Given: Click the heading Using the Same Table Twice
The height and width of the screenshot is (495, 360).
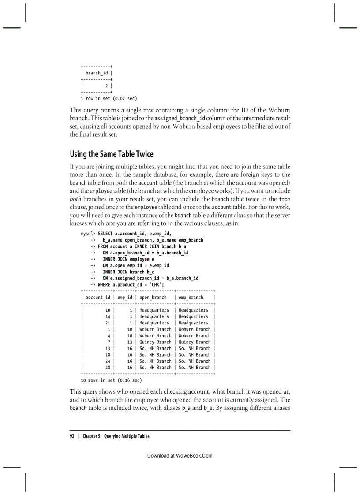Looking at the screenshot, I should pos(112,154).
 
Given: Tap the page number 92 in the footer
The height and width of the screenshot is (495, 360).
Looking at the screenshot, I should pos(72,436).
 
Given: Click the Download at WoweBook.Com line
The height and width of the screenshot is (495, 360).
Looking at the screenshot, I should pos(180,455).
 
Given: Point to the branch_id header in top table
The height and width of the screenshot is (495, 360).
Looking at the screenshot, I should pos(97,73).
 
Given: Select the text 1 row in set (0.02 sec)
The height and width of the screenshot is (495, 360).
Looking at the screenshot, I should pos(106,98).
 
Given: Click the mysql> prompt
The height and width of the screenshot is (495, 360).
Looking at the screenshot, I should pos(88,234).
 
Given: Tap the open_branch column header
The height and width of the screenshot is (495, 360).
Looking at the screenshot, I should pos(153,298).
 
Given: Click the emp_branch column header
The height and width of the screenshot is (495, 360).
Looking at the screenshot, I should pos(191,298).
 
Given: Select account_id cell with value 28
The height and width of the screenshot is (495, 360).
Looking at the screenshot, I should pos(108,367).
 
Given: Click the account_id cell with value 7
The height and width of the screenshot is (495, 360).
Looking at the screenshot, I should pos(109,342).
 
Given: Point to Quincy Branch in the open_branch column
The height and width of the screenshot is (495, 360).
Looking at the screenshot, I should pos(155,342).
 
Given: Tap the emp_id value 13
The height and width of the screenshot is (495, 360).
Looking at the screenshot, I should pos(130,342).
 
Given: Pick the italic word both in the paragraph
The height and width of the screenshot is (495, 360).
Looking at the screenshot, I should pos(75,199).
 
